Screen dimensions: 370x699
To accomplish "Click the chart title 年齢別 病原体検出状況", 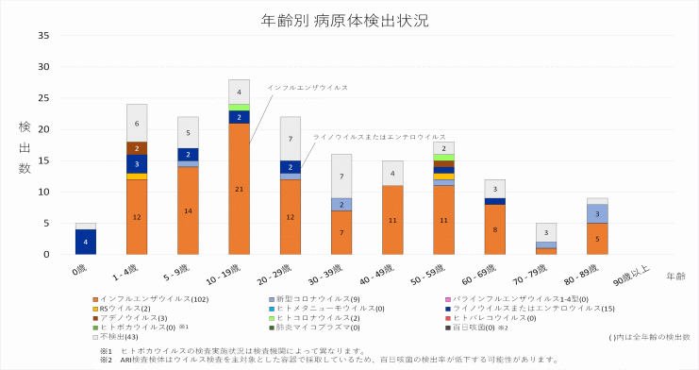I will (x=349, y=20).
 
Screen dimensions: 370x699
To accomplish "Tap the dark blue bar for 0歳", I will (x=87, y=242).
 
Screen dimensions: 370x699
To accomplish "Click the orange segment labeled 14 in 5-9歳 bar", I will (x=189, y=210).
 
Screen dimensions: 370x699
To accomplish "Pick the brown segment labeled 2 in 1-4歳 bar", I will (x=138, y=148).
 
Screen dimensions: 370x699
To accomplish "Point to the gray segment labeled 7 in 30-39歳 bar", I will (x=341, y=177).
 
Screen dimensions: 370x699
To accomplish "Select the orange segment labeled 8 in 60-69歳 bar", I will (x=494, y=229).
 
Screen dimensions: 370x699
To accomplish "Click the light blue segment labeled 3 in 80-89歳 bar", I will (x=596, y=214).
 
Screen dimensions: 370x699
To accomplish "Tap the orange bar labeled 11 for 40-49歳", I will (x=392, y=220).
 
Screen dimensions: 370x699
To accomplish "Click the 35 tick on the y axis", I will (x=43, y=37).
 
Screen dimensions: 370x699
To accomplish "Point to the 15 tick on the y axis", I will (x=43, y=161).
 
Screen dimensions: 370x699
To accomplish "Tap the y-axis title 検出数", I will (x=25, y=146).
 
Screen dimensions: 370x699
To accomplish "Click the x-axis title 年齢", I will (x=676, y=277).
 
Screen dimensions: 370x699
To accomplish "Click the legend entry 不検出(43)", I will (x=119, y=337).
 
